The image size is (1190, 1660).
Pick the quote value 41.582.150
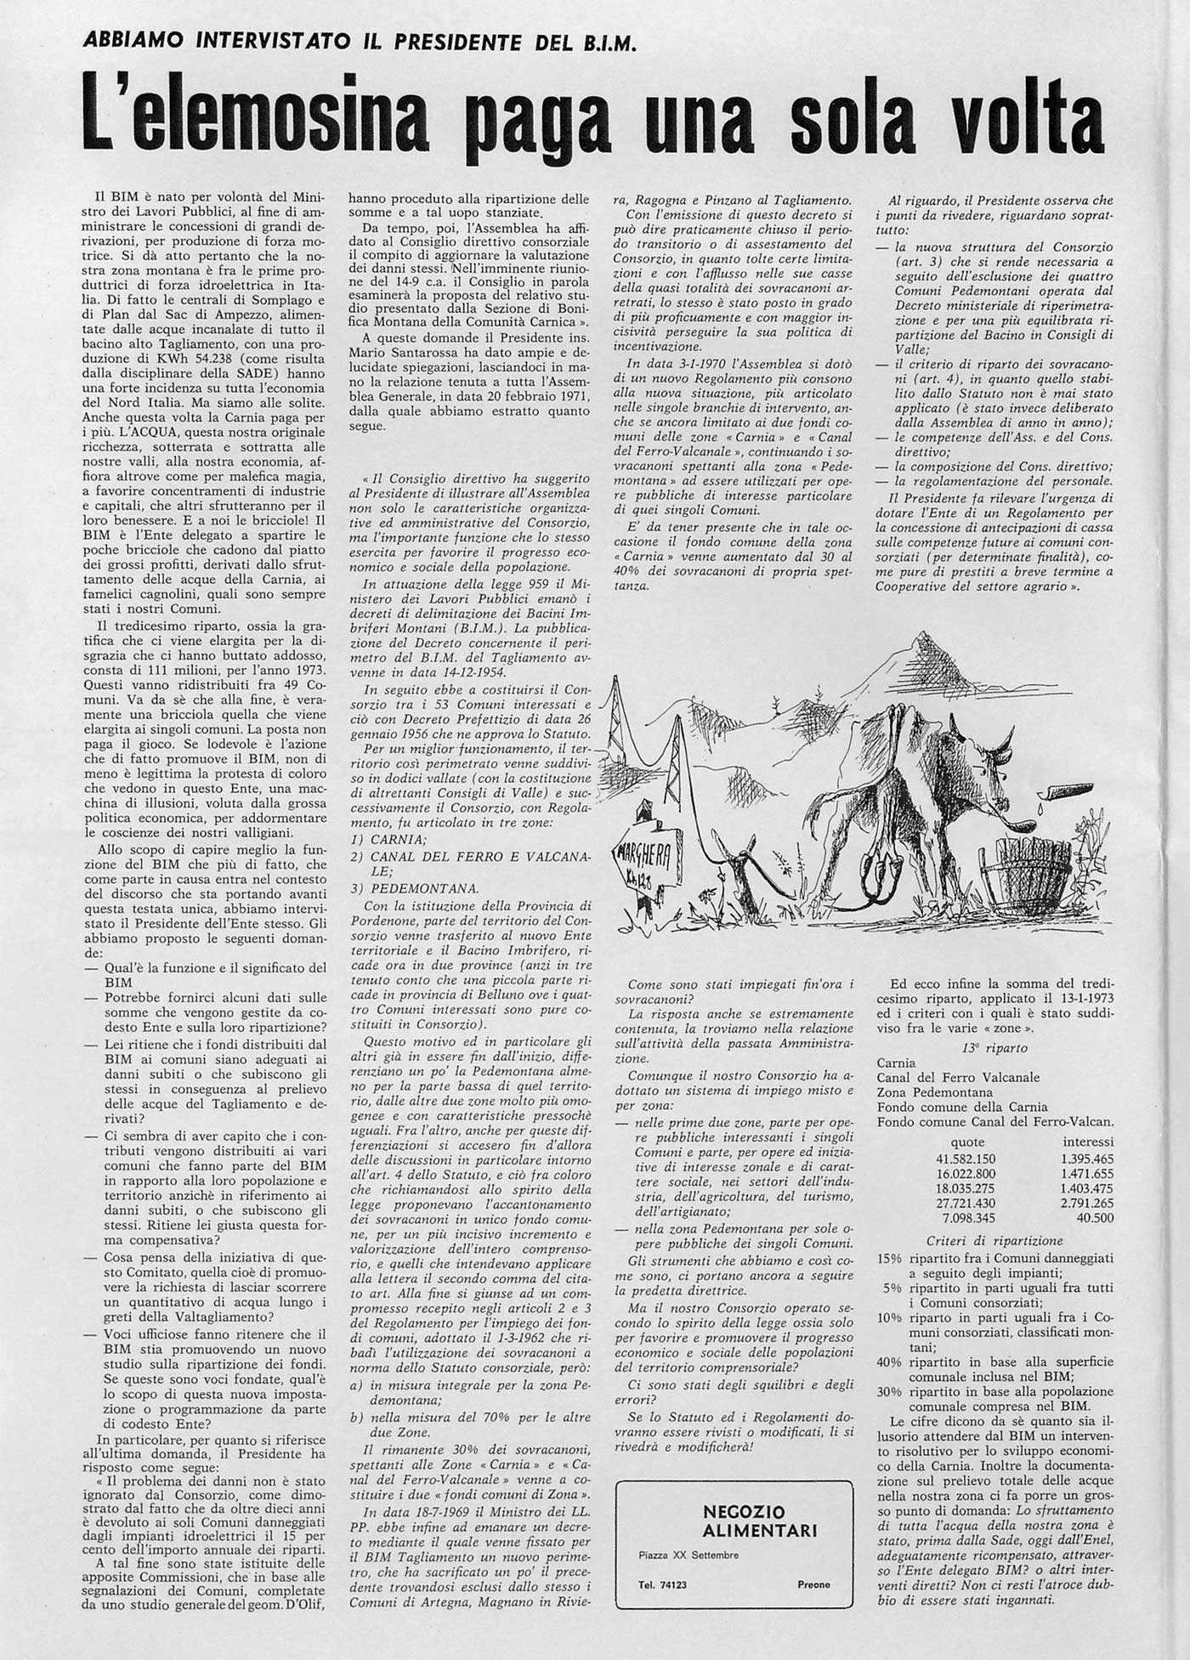965,1159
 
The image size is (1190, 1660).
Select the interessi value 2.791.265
1087,1204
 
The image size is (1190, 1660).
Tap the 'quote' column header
967,1143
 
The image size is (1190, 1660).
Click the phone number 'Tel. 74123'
663,1585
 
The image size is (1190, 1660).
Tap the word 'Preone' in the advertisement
813,1585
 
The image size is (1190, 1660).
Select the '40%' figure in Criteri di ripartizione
889,1362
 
